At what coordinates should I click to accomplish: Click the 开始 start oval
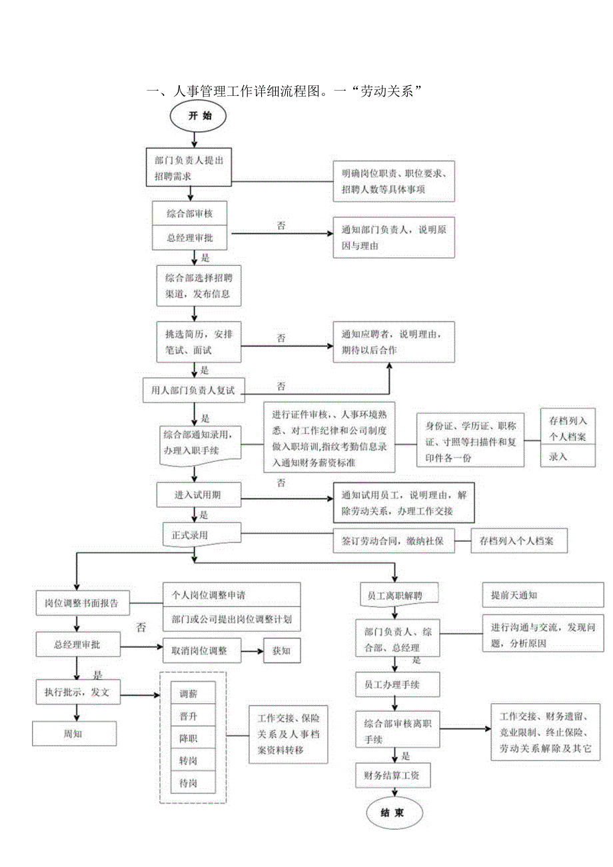click(x=199, y=116)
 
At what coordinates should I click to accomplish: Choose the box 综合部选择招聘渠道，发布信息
click(x=194, y=285)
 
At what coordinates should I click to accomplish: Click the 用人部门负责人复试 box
click(x=194, y=389)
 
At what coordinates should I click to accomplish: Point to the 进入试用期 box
click(x=198, y=494)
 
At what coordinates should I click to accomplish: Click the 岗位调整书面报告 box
click(x=82, y=603)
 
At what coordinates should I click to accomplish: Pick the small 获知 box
click(x=282, y=651)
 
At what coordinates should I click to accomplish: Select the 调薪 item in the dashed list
click(x=193, y=694)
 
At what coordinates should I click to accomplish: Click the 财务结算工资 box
click(x=393, y=775)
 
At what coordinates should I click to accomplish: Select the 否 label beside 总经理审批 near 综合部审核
click(x=281, y=226)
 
